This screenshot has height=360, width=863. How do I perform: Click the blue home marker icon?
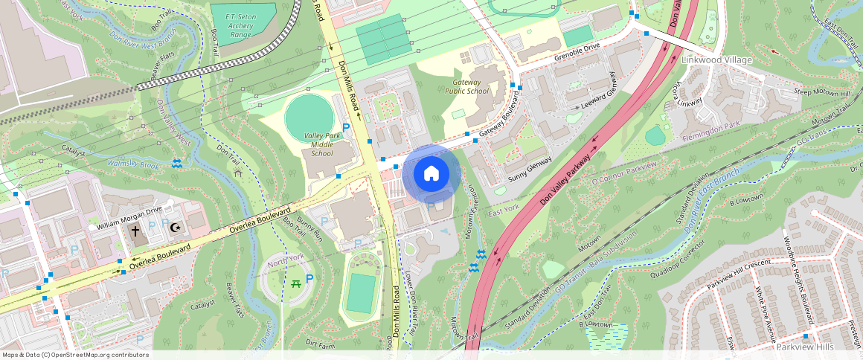pyautogui.click(x=431, y=174)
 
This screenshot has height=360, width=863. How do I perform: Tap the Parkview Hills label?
pyautogui.click(x=806, y=347)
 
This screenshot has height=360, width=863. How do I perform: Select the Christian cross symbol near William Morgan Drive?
pyautogui.click(x=135, y=231)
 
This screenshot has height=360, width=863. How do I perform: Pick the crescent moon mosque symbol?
pyautogui.click(x=176, y=228)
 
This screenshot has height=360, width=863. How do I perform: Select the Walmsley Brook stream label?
pyautogui.click(x=134, y=163)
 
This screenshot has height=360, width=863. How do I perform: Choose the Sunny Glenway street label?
pyautogui.click(x=530, y=170)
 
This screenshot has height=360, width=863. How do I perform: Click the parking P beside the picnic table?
pyautogui.click(x=309, y=280)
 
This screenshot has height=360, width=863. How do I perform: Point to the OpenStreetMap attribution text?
pyautogui.click(x=75, y=355)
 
